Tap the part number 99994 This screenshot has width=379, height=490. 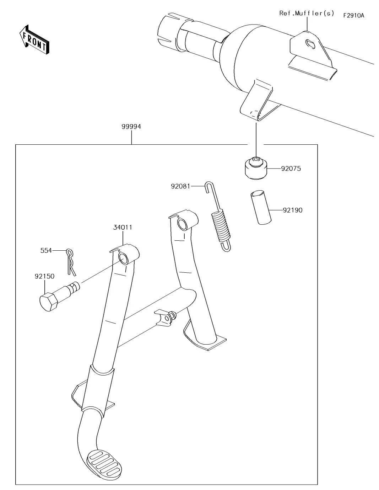[131, 127]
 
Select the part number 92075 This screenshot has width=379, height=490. [291, 169]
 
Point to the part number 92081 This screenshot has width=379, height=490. [180, 186]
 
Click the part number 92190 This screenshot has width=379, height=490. [293, 210]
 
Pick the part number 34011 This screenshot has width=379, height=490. [123, 227]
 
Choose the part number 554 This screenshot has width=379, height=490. [46, 250]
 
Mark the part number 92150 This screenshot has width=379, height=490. [44, 276]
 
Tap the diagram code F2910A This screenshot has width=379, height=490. [353, 15]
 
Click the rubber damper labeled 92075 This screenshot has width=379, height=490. [255, 168]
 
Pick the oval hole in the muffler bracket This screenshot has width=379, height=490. [310, 44]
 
